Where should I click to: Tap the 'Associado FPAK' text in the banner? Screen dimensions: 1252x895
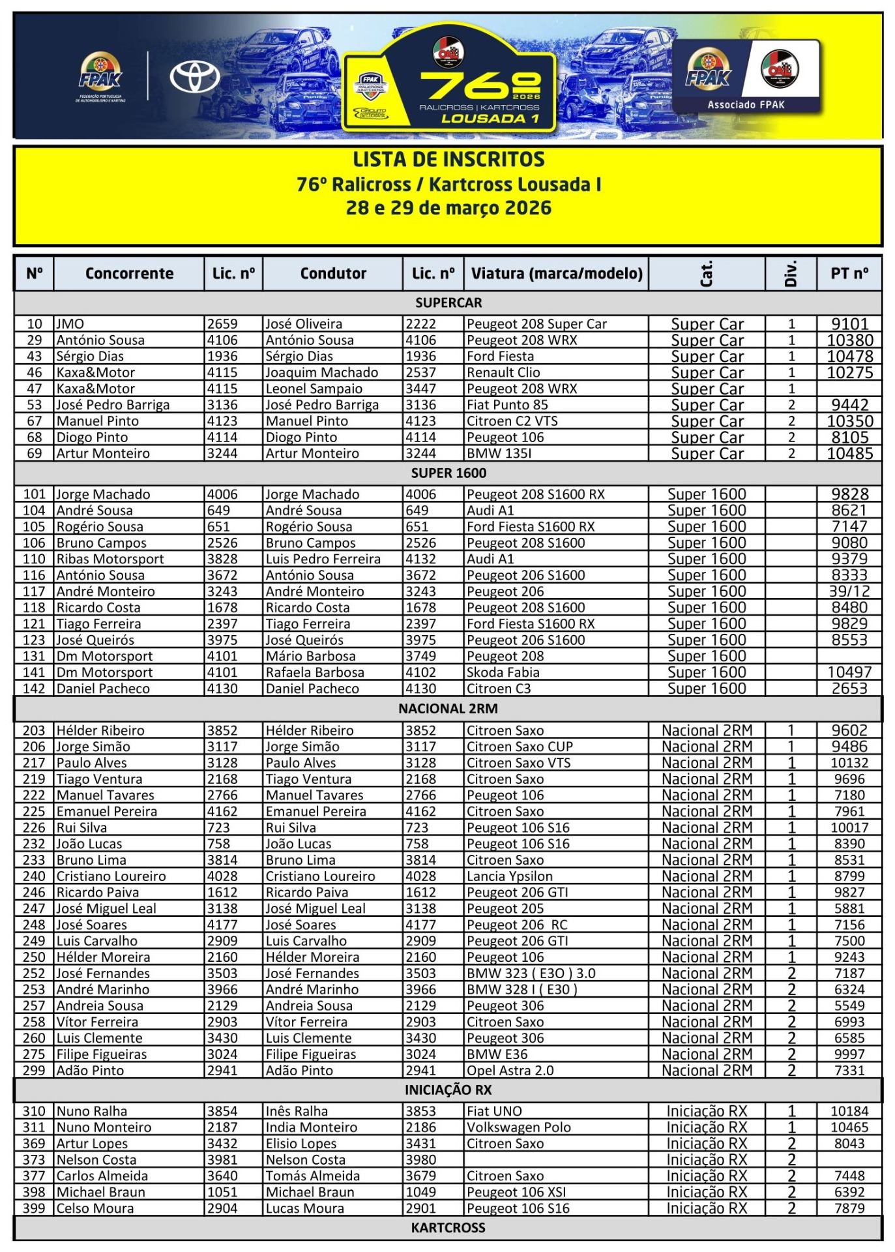click(x=746, y=104)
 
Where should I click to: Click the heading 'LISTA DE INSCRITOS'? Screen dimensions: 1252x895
click(x=448, y=160)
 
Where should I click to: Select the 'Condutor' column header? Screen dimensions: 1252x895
click(x=333, y=273)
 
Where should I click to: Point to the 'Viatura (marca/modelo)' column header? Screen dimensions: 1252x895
click(x=557, y=273)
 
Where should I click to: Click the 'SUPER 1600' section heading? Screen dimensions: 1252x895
click(x=448, y=473)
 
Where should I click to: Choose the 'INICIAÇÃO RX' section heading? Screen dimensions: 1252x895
click(x=448, y=1090)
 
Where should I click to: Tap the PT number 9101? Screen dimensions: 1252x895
click(x=849, y=324)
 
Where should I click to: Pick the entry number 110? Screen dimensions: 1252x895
click(x=34, y=559)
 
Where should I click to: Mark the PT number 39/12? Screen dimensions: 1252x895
click(x=849, y=591)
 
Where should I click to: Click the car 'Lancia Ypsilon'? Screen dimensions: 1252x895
click(x=509, y=876)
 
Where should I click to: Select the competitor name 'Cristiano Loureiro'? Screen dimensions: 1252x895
click(x=111, y=876)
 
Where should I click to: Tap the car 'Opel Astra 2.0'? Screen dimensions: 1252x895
click(x=510, y=1071)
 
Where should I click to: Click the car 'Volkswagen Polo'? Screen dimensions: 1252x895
click(x=518, y=1127)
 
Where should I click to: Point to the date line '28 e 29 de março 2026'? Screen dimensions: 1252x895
click(x=448, y=208)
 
